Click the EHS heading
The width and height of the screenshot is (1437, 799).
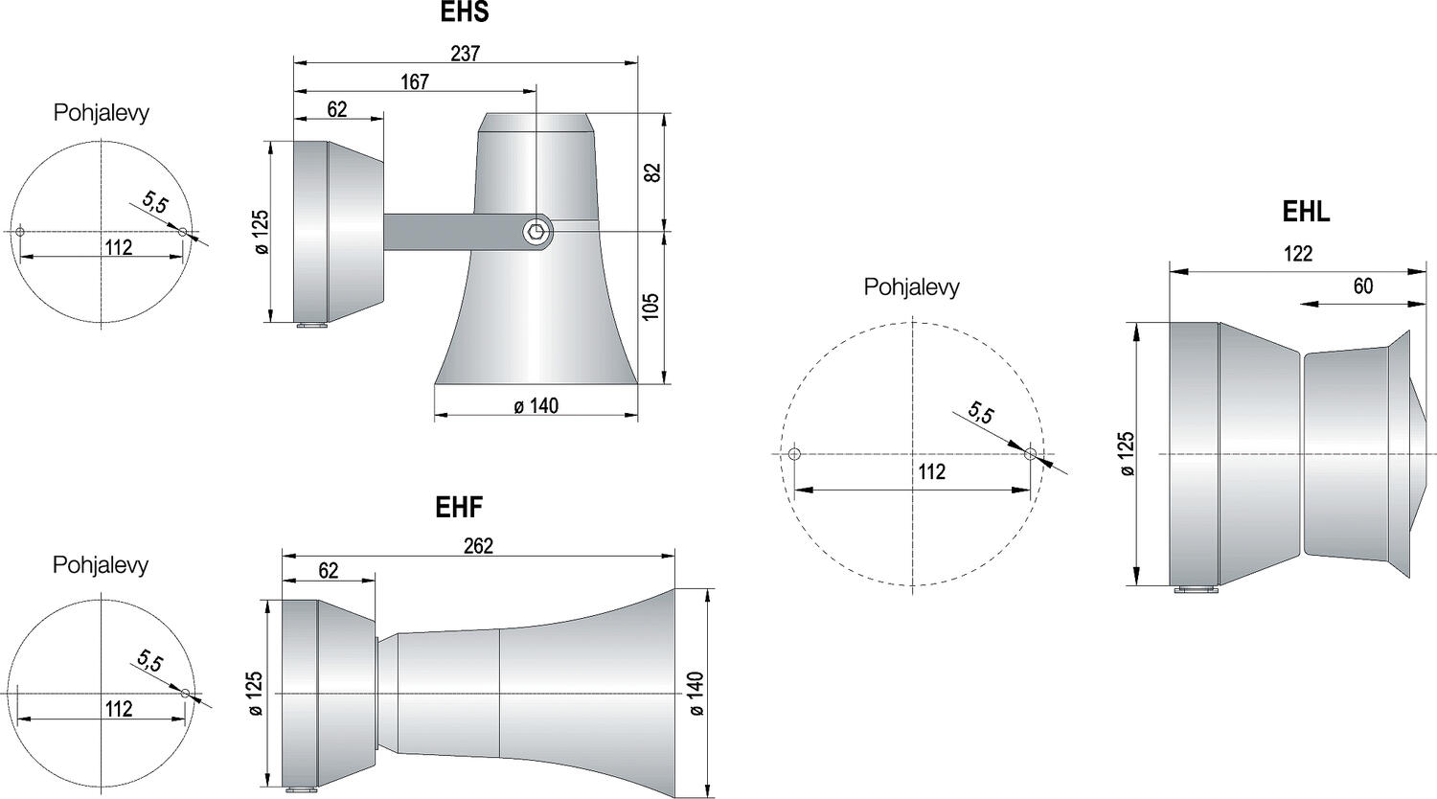coord(465,11)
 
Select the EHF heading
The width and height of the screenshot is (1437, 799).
coord(459,507)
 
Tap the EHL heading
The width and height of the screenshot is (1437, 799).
coord(1306,212)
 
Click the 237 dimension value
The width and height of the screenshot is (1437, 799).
coord(465,54)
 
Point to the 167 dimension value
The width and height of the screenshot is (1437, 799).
coord(415,82)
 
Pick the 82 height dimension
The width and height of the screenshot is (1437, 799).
coord(651,172)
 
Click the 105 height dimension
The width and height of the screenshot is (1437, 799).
coord(650,308)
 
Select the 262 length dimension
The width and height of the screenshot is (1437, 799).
coord(479,545)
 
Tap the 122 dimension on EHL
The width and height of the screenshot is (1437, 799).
coord(1298,254)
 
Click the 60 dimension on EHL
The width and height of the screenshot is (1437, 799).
coord(1362,285)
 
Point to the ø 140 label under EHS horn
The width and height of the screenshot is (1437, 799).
coord(536,405)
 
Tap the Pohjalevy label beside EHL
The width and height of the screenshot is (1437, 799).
coord(911,286)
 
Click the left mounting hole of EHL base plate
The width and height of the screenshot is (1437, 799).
coord(794,454)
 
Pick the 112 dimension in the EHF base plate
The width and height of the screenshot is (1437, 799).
coord(119,709)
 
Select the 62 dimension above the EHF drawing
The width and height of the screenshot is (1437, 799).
coord(328,571)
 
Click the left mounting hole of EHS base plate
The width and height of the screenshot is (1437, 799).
coord(20,232)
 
